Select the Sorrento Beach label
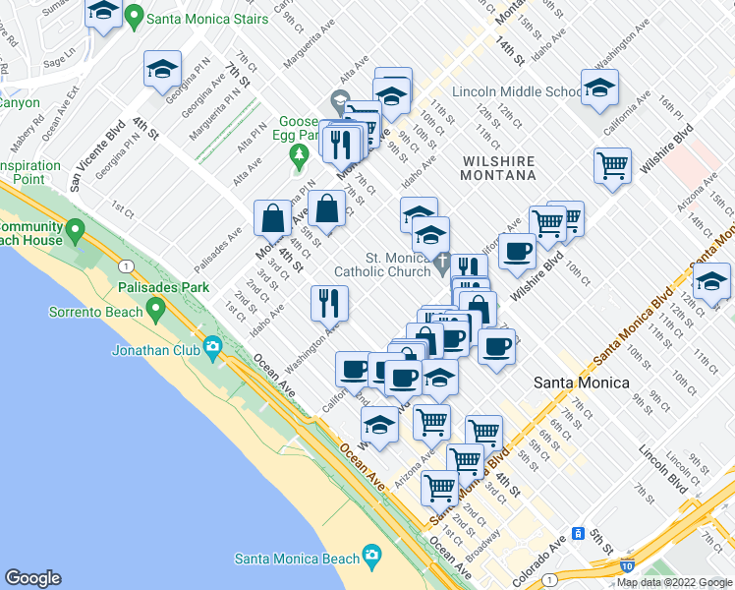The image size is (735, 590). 92,312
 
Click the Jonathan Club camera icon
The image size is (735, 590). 212,346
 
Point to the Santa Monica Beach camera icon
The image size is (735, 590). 370,557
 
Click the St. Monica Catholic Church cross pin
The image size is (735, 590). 442,265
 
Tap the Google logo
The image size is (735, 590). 32,578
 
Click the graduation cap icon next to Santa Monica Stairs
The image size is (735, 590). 103,13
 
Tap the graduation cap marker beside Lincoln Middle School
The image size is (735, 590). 599,88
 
